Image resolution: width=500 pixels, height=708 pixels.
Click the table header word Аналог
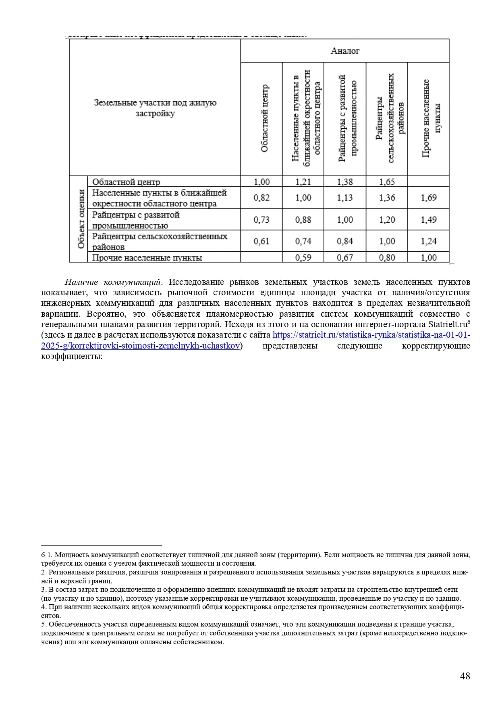344,51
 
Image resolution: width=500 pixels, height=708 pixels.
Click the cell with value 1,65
387,182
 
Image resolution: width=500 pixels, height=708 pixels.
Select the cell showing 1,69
429,198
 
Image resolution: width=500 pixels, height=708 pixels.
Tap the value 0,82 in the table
261,198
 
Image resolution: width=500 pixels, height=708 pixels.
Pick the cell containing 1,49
429,220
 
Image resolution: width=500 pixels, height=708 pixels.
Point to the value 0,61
261,241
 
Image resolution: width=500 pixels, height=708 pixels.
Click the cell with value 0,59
303,257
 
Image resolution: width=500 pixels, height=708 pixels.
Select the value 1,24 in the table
429,241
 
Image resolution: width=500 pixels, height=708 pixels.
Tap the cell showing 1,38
345,182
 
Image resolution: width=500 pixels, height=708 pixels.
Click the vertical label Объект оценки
81,219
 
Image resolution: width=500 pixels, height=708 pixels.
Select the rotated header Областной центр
264,119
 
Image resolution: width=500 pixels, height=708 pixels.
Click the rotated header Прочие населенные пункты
432,119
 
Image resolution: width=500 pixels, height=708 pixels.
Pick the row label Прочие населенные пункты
147,258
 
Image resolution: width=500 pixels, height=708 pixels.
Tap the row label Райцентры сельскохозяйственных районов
160,241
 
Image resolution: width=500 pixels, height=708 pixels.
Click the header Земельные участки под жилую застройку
155,108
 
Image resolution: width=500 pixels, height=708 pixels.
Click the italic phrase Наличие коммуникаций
113,282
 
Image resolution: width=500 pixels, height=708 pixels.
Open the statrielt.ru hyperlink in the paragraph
371,335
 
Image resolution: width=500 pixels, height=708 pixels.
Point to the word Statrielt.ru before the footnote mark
447,325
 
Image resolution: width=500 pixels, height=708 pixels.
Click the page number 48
465,676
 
